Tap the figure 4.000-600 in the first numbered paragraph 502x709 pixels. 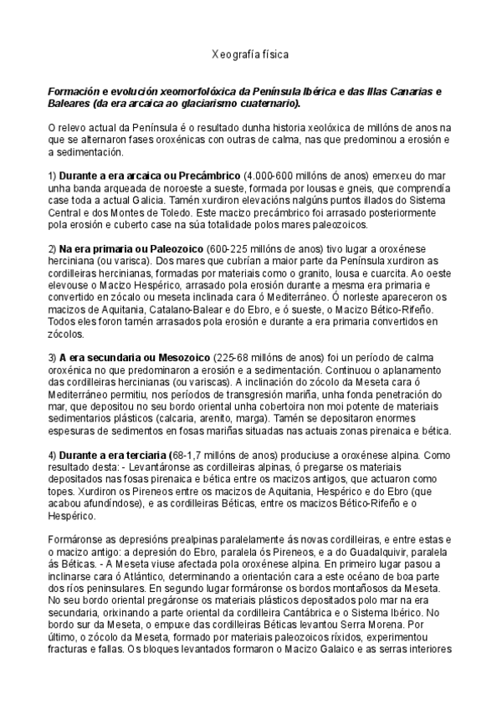[x=267, y=176]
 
